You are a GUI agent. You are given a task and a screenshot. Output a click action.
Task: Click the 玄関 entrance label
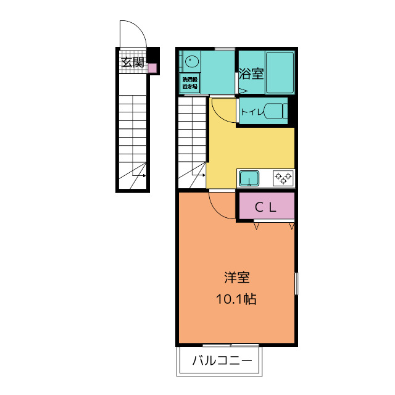pyautogui.click(x=132, y=62)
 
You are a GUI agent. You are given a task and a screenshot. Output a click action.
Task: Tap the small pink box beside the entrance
pyautogui.click(x=152, y=67)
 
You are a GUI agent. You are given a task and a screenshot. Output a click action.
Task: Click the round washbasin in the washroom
pyautogui.click(x=191, y=62)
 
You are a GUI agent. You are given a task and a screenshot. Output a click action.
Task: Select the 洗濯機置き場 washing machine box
pyautogui.click(x=189, y=83)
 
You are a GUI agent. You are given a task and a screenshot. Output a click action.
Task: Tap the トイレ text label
pyautogui.click(x=251, y=112)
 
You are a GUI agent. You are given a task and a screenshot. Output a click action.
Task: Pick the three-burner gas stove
pyautogui.click(x=283, y=178)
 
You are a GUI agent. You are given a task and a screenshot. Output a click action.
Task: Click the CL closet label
pyautogui.click(x=265, y=207)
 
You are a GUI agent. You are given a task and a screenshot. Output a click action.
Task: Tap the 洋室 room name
pyautogui.click(x=236, y=278)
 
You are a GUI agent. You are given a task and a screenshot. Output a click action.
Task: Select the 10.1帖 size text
pyautogui.click(x=236, y=300)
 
